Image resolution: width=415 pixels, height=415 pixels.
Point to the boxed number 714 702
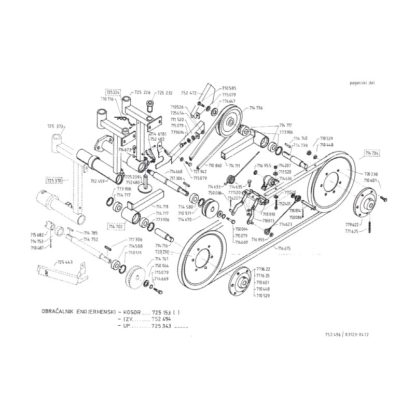point(116,226)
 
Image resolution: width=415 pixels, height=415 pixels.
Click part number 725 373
point(55,126)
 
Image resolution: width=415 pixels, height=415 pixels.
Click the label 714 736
point(256,108)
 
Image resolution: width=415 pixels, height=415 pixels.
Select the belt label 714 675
point(284,249)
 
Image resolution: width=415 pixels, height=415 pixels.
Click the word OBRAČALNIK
point(59,312)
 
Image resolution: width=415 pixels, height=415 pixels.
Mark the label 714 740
point(301,139)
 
